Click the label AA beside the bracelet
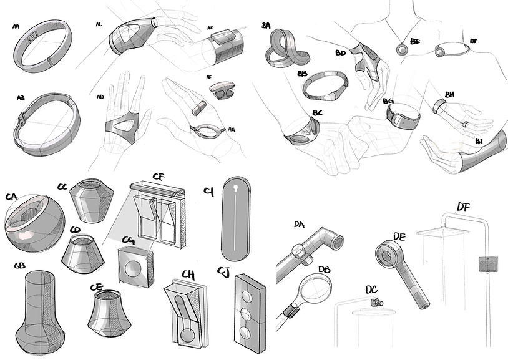point(16,27)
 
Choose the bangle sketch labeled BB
point(325,87)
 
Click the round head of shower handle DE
point(387,253)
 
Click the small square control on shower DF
point(487,265)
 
